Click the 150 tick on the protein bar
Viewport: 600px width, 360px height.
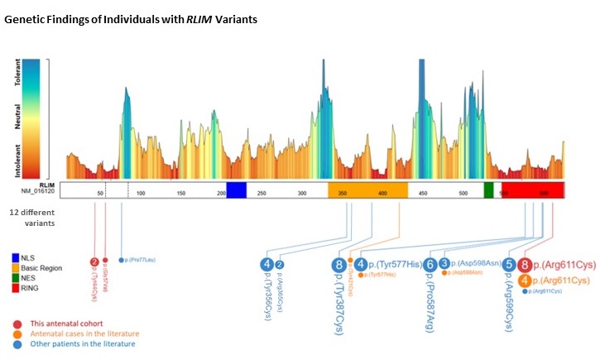(x=181, y=193)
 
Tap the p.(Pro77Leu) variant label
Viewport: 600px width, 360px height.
(x=140, y=260)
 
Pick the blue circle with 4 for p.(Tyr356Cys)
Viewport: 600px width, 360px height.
(x=266, y=264)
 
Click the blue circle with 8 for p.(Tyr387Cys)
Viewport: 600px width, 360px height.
(x=338, y=265)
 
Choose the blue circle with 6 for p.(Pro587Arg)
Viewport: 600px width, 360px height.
(x=430, y=265)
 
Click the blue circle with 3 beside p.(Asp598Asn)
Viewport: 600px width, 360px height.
(x=444, y=263)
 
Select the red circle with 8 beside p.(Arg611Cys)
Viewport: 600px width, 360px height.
(x=525, y=266)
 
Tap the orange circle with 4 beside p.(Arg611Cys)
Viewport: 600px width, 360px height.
(x=525, y=281)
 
